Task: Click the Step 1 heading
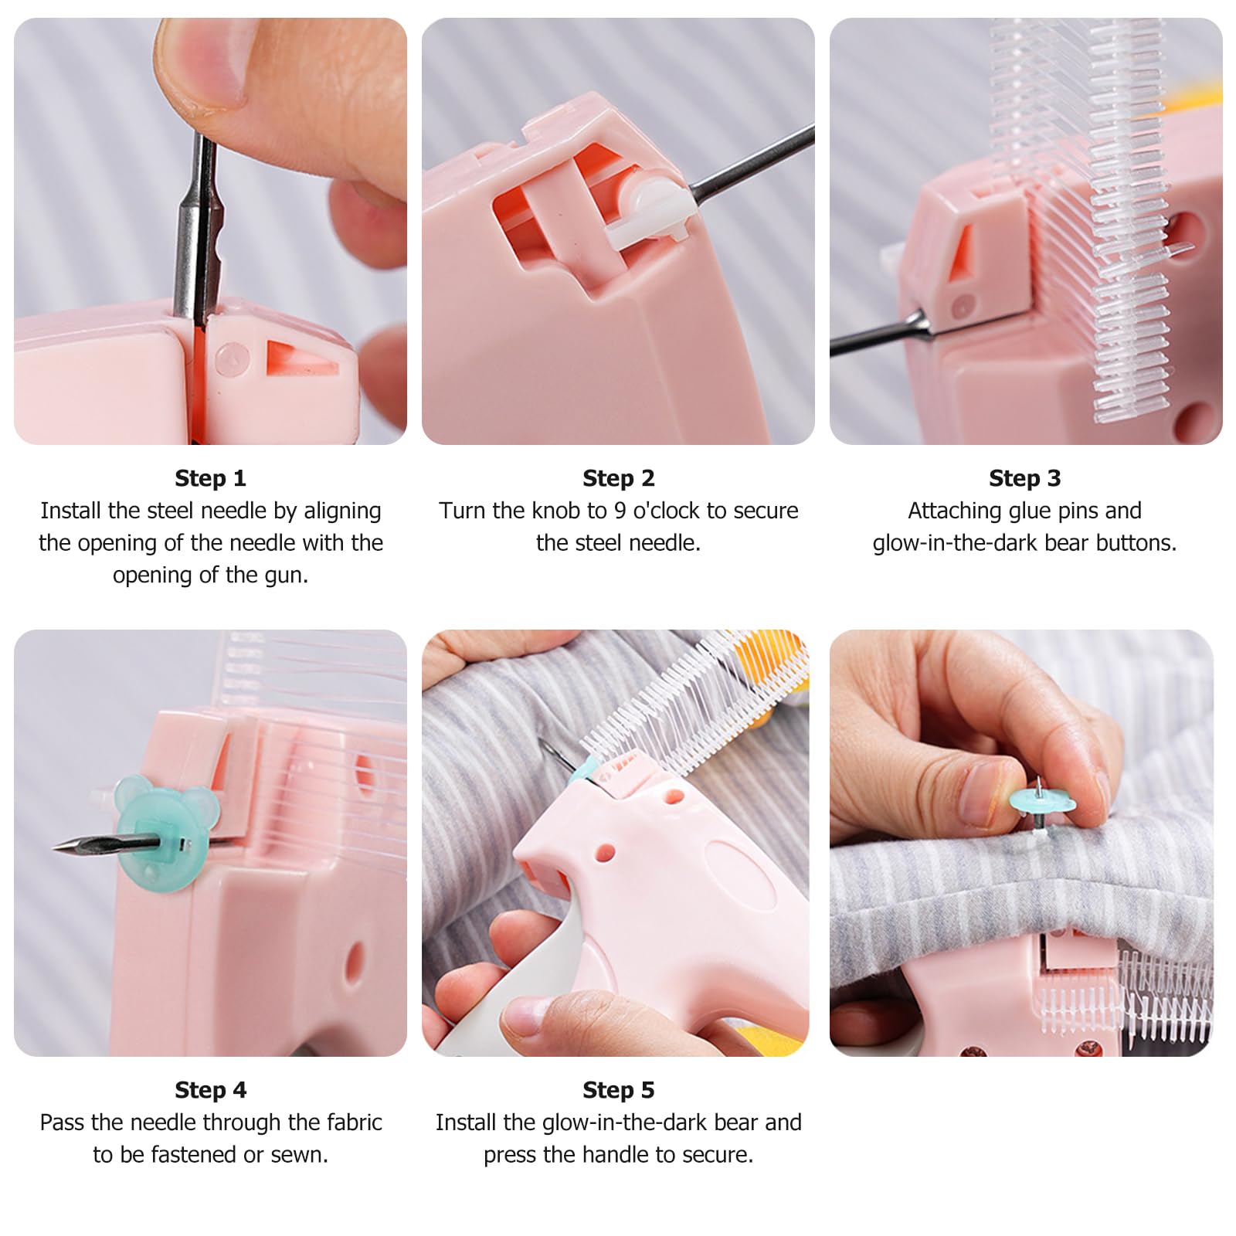point(210,478)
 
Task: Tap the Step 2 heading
point(618,478)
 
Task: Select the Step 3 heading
point(1024,478)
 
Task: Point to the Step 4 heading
point(210,1090)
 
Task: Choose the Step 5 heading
point(618,1090)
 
